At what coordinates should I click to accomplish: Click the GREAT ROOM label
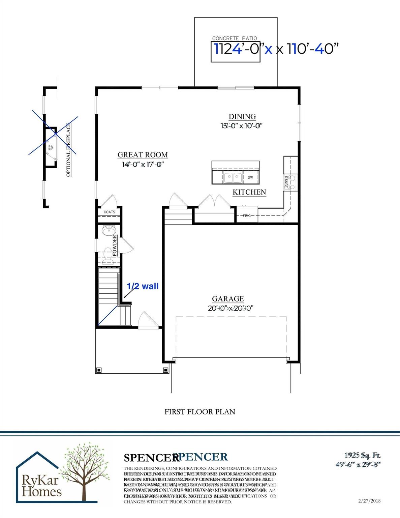pyautogui.click(x=143, y=155)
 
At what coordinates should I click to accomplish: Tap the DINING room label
pyautogui.click(x=242, y=117)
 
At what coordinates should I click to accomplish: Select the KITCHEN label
pyautogui.click(x=249, y=192)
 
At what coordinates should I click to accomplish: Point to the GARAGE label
pyautogui.click(x=228, y=299)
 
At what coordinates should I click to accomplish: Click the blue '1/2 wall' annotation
pyautogui.click(x=143, y=286)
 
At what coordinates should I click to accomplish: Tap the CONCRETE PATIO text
pyautogui.click(x=235, y=38)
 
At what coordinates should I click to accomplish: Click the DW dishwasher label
pyautogui.click(x=250, y=177)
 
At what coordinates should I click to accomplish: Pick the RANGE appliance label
pyautogui.click(x=286, y=182)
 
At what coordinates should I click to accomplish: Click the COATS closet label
pyautogui.click(x=109, y=212)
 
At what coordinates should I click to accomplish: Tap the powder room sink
pyautogui.click(x=108, y=231)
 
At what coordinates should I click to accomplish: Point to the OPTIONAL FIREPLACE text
pyautogui.click(x=69, y=150)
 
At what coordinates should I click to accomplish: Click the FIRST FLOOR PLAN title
pyautogui.click(x=199, y=412)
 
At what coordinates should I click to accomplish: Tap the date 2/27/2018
pyautogui.click(x=370, y=501)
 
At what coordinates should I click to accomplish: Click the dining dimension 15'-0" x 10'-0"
pyautogui.click(x=242, y=126)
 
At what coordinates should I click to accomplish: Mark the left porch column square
pyautogui.click(x=98, y=370)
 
